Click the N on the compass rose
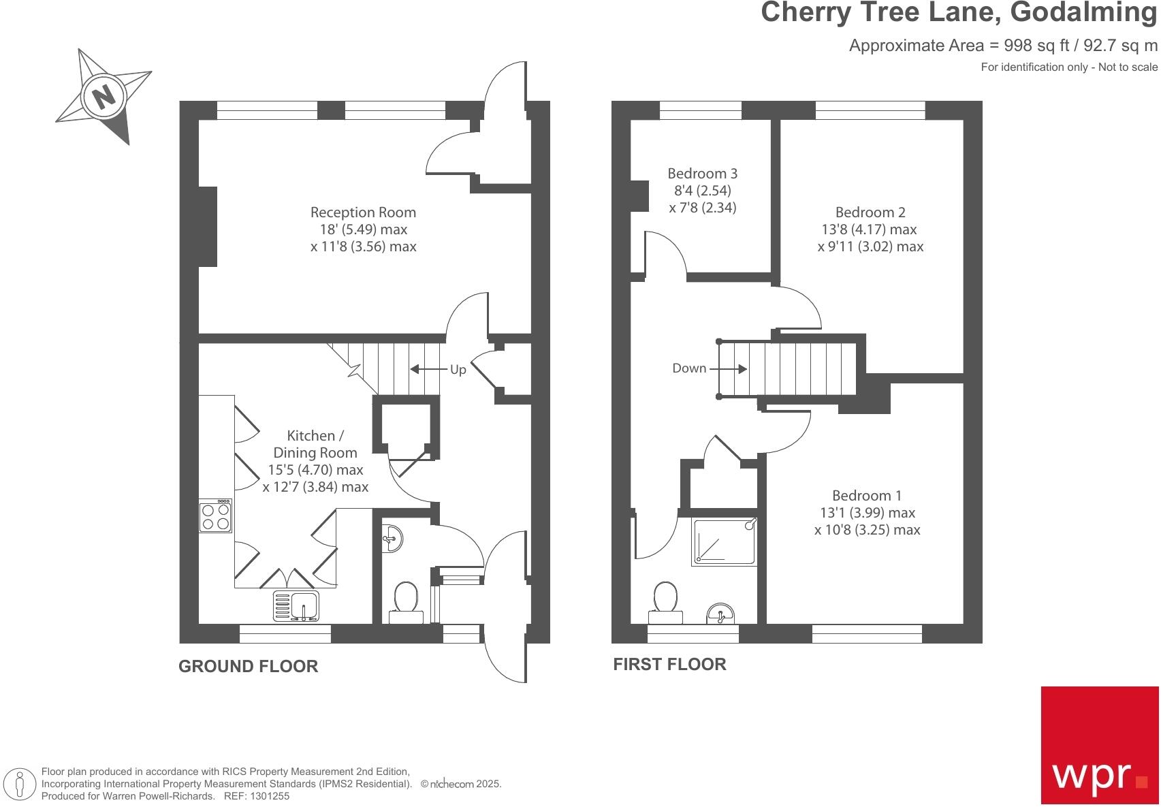[104, 97]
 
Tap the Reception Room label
[363, 212]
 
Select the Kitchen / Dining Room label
[315, 443]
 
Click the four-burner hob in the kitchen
[216, 516]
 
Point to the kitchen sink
[296, 606]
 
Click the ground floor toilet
[406, 602]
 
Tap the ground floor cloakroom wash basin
[392, 539]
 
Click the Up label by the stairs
[458, 370]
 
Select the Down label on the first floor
[689, 368]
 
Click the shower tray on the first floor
[725, 541]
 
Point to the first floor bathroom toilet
[665, 602]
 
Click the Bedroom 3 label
[702, 173]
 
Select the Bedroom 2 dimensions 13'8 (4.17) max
[869, 229]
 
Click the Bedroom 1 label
[867, 495]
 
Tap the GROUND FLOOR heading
[249, 666]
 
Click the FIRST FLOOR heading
[669, 664]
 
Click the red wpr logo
[1100, 745]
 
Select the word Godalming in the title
[1084, 12]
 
